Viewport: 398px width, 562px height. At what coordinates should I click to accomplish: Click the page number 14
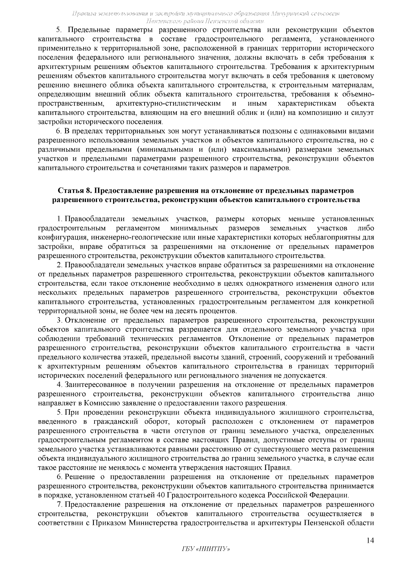(370, 540)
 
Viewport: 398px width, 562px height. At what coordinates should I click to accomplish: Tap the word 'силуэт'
(364, 113)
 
